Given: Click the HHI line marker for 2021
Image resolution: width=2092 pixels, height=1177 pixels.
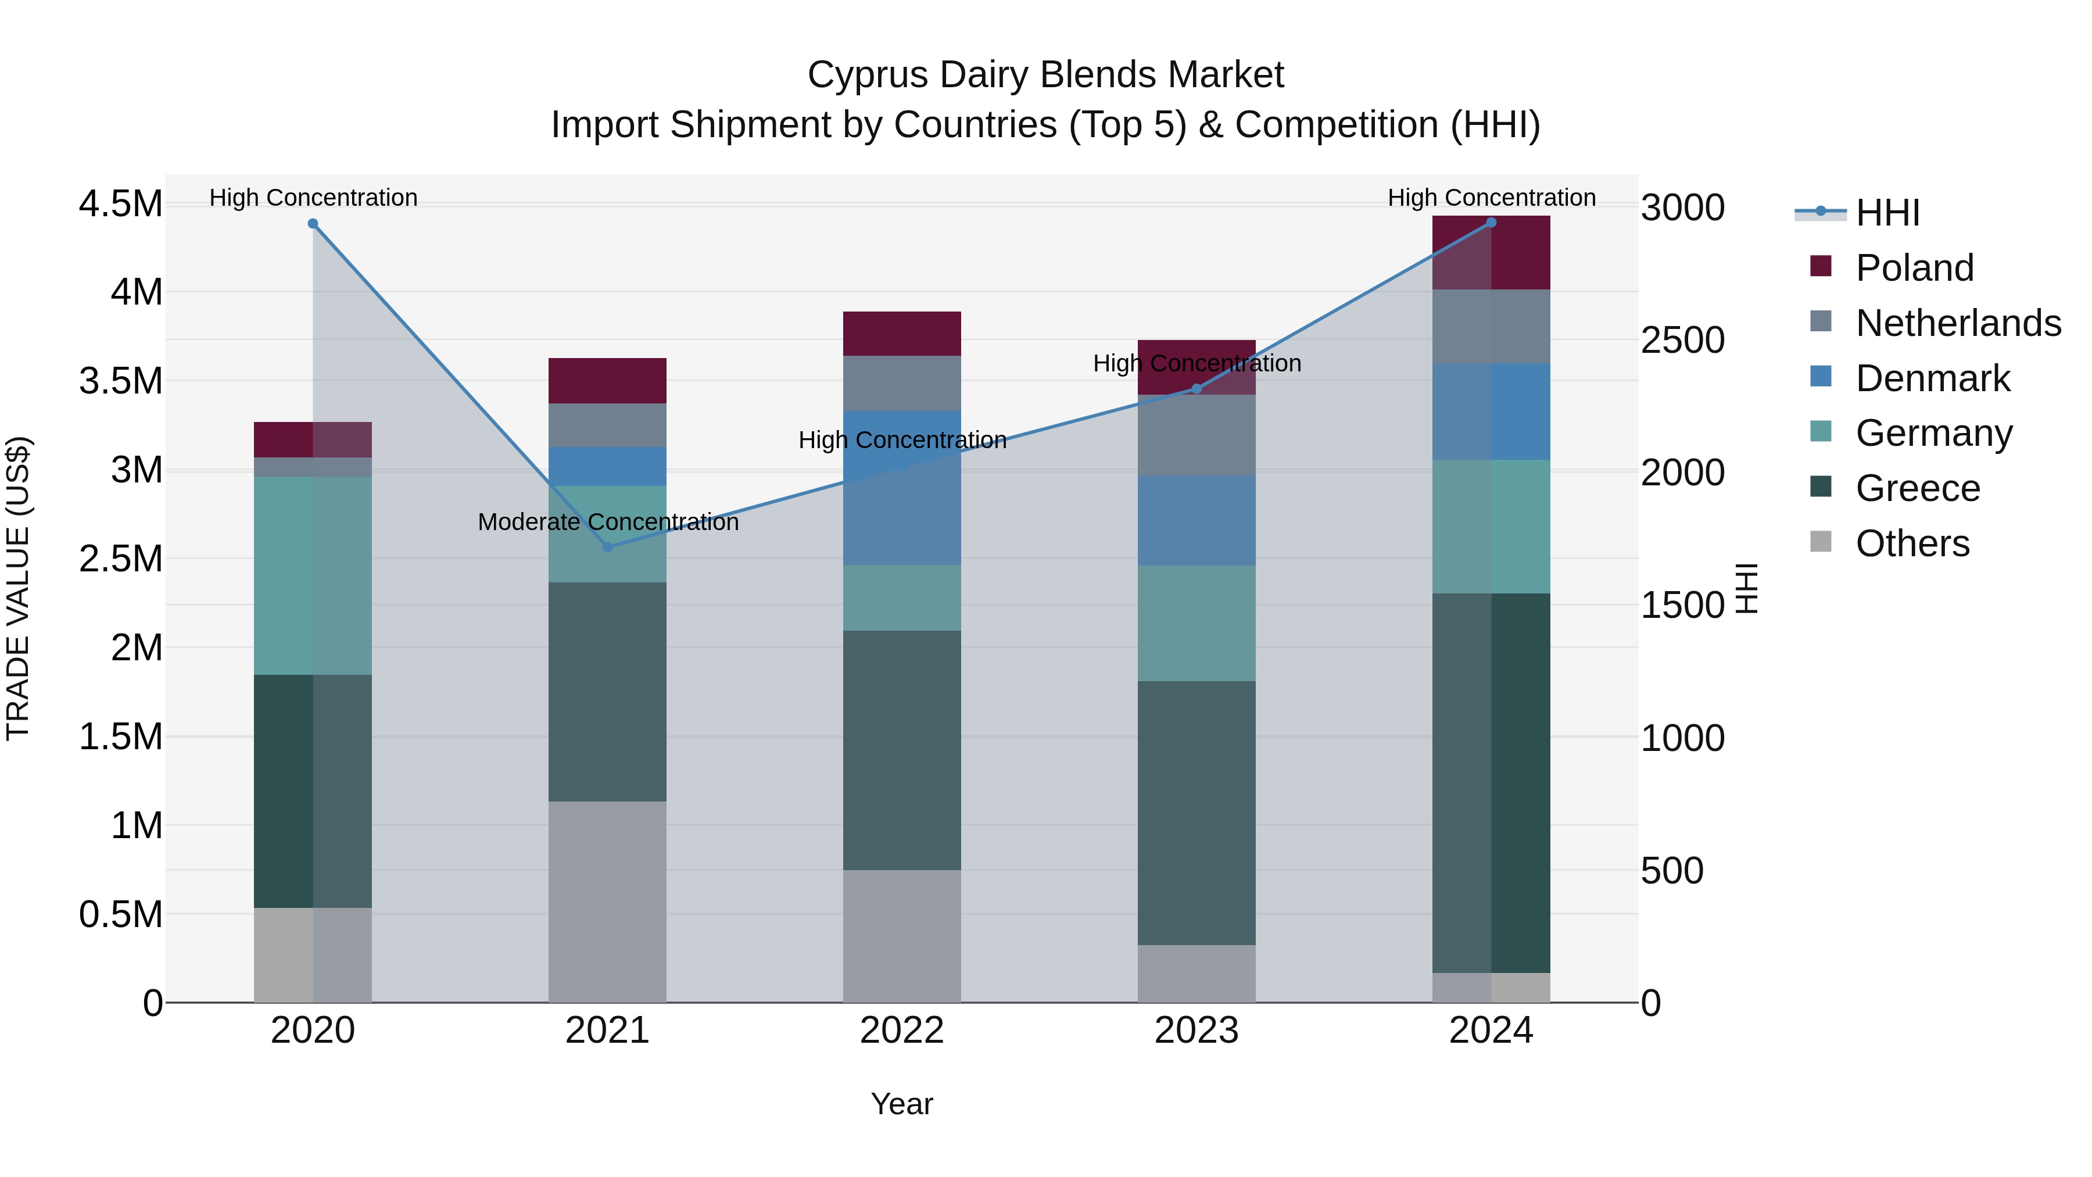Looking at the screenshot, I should [607, 547].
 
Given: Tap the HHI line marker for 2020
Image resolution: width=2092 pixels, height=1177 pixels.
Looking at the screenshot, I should [313, 223].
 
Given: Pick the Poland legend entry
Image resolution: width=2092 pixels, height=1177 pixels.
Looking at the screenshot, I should [1914, 267].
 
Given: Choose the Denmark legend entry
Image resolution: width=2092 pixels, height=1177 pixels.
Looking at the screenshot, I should [1932, 378].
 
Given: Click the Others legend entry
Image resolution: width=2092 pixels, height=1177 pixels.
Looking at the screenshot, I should [1912, 543].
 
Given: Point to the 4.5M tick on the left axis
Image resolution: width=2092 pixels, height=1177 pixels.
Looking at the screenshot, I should [120, 203].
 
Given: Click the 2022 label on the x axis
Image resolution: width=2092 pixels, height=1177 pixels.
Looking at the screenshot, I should [901, 1030].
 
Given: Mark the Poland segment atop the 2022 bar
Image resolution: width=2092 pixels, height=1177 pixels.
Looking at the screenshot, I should [901, 333].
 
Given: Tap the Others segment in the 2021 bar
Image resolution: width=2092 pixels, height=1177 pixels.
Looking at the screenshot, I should [607, 901].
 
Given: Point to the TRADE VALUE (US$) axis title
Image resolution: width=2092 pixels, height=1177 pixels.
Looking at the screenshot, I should [18, 588].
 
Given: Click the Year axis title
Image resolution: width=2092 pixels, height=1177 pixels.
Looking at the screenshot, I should [901, 1104].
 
